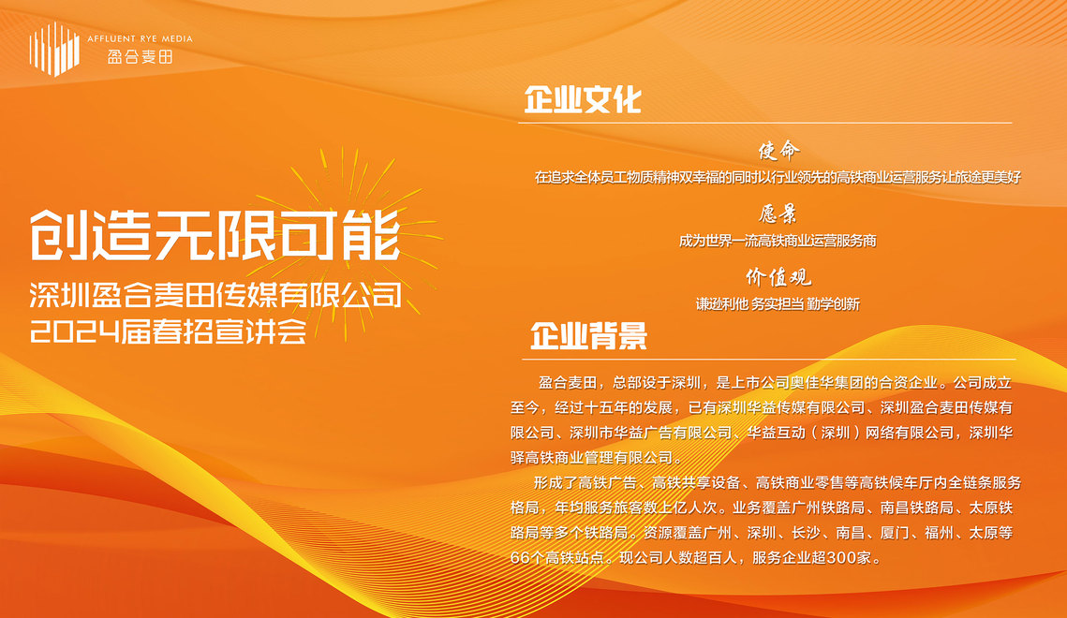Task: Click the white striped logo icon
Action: [x=54, y=49]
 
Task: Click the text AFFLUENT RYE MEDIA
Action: [x=140, y=38]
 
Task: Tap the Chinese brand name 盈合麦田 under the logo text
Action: [x=140, y=57]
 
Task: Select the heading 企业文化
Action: [x=583, y=100]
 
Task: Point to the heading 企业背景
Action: [x=588, y=336]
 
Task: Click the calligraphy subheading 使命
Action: [x=778, y=150]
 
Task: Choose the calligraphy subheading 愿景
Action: [x=778, y=214]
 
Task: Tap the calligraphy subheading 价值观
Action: [x=778, y=277]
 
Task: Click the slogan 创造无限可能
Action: [x=215, y=235]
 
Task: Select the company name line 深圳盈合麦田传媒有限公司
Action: [x=215, y=296]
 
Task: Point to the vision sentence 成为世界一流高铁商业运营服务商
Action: [x=778, y=241]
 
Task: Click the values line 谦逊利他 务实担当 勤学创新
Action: [x=778, y=304]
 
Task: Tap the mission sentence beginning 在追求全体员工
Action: [x=778, y=178]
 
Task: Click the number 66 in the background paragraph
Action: [x=519, y=558]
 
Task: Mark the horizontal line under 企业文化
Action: [x=764, y=123]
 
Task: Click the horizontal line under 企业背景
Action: [x=769, y=359]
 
